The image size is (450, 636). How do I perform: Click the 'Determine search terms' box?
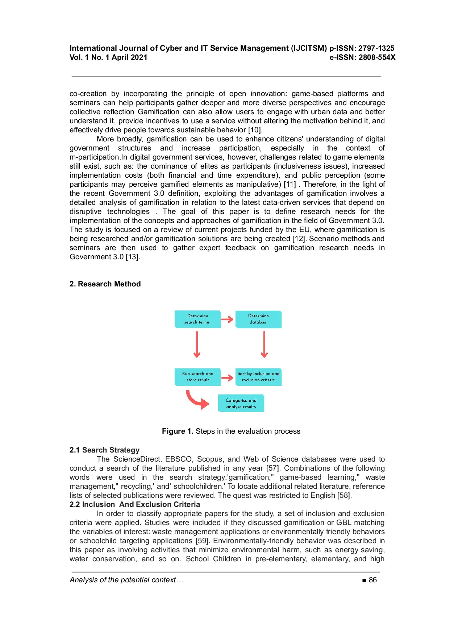coord(197,319)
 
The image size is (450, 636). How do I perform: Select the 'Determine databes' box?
coord(258,319)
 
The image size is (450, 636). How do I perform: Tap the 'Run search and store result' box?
coord(197,377)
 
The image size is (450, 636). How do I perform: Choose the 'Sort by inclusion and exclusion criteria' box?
coord(258,377)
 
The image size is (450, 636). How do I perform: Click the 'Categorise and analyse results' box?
coord(241,403)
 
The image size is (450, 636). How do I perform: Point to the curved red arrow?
coord(197,400)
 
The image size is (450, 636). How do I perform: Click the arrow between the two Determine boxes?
coord(228,319)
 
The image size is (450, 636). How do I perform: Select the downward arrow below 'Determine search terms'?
coord(197,344)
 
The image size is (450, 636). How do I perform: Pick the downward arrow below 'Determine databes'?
coord(264,344)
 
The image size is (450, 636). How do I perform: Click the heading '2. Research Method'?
coord(105,284)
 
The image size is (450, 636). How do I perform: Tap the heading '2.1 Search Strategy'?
coord(104,450)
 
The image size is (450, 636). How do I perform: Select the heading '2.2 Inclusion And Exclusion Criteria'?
coord(134,504)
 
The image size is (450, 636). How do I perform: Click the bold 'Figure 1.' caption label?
coord(177,431)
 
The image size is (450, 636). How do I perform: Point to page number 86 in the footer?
coord(372,580)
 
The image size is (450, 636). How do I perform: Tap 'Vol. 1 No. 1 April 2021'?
coord(108,57)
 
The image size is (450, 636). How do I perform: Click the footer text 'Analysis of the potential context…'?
coord(126,580)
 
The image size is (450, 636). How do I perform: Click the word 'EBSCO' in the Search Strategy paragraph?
coord(179,459)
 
